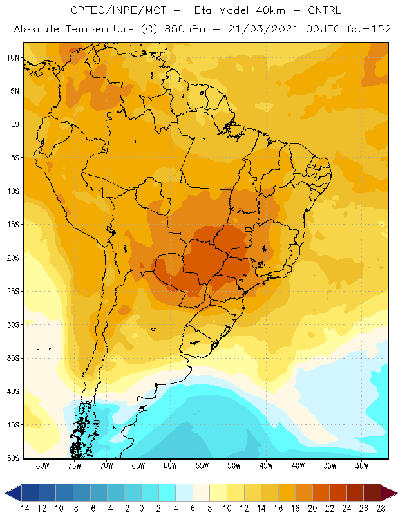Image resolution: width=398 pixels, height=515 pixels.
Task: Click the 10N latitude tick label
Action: click(13, 58)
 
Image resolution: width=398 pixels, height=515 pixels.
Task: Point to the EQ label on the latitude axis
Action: click(15, 124)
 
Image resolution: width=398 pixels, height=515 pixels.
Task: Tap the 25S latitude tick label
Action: click(13, 292)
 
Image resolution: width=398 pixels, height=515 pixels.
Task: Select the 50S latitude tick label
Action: click(13, 458)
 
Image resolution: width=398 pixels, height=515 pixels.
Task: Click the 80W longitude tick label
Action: click(43, 465)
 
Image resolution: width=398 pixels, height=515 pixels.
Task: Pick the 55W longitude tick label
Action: click(202, 465)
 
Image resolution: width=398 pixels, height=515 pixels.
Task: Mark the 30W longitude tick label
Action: click(362, 465)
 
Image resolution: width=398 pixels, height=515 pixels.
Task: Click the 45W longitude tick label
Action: click(266, 465)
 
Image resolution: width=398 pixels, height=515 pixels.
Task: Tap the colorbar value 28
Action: click(381, 509)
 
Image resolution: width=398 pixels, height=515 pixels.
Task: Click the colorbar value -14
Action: click(22, 509)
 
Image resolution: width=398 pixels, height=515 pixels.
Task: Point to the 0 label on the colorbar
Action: click(142, 509)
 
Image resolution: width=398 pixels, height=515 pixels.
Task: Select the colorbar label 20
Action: click(312, 509)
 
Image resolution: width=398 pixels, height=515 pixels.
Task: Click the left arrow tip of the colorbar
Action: click(5, 493)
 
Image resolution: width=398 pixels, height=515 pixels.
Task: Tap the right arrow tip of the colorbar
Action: click(397, 493)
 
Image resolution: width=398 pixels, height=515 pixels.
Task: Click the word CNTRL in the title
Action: click(325, 10)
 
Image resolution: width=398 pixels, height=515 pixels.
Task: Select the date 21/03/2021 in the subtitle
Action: click(263, 29)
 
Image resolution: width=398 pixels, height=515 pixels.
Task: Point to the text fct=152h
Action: click(372, 29)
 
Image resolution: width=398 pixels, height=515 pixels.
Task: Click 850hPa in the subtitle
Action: click(185, 29)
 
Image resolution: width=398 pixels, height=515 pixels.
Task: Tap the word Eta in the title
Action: click(203, 10)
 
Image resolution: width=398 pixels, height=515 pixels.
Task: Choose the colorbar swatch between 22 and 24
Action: click(338, 493)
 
